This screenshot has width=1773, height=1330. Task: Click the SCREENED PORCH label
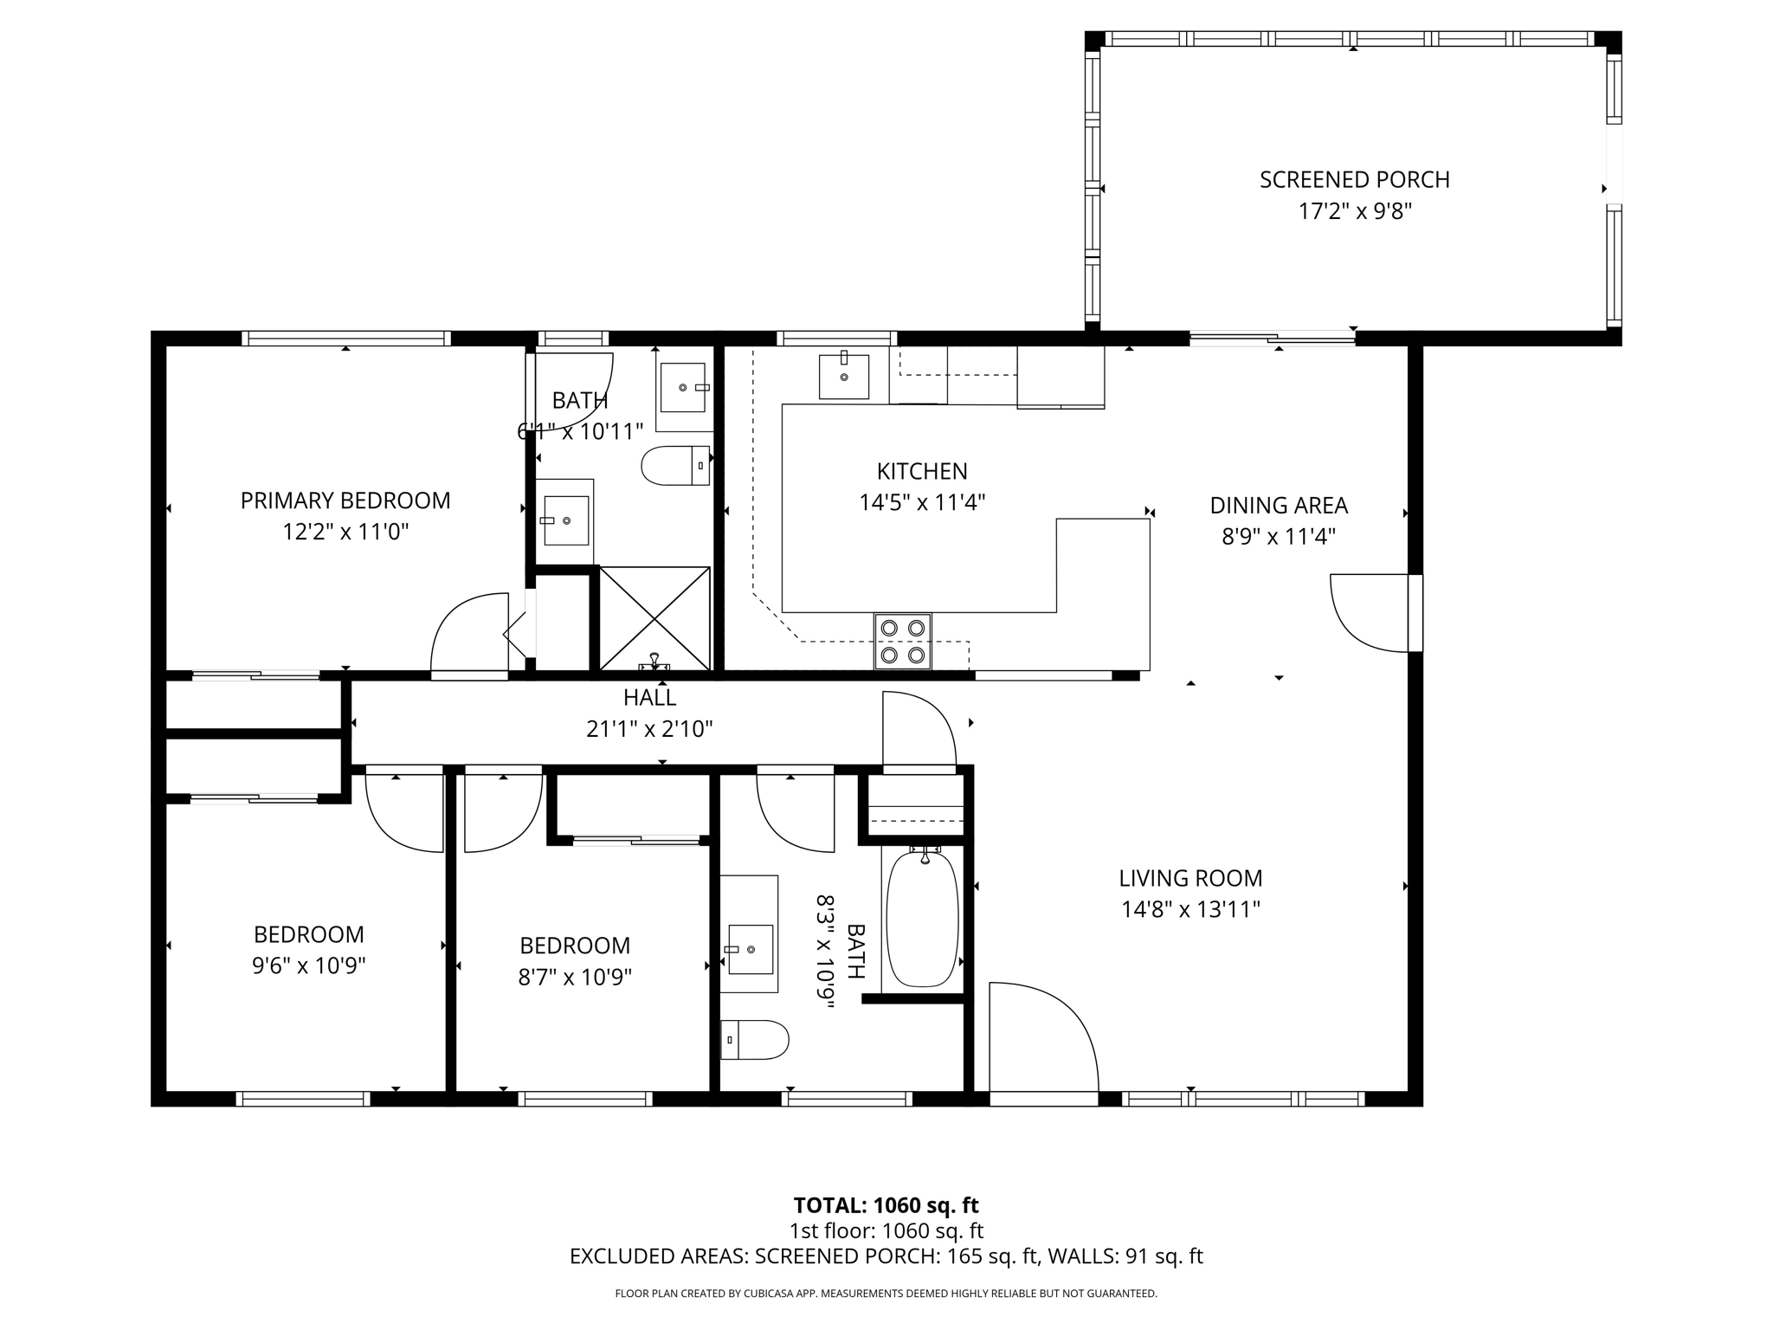coord(1354,180)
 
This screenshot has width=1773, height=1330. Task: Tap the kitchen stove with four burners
coord(902,641)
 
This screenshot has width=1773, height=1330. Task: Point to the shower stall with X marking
coord(654,617)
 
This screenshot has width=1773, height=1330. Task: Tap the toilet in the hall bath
coord(755,1039)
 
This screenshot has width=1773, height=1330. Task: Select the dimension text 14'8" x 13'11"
coord(1190,909)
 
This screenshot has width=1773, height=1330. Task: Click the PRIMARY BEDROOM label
coord(345,500)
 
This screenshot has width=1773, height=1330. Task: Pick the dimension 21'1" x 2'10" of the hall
coord(649,729)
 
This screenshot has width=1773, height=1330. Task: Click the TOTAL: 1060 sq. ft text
coord(886,1205)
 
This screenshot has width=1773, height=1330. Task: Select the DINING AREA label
coord(1279,505)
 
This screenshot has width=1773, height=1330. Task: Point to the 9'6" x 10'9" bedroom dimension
coord(309,965)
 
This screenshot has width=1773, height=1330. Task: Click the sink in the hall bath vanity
coord(750,949)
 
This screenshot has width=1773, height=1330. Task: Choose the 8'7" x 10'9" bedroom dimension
coord(575,977)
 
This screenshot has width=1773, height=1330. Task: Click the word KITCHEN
coord(922,471)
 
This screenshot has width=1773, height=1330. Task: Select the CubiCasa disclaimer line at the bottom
coord(886,1294)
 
